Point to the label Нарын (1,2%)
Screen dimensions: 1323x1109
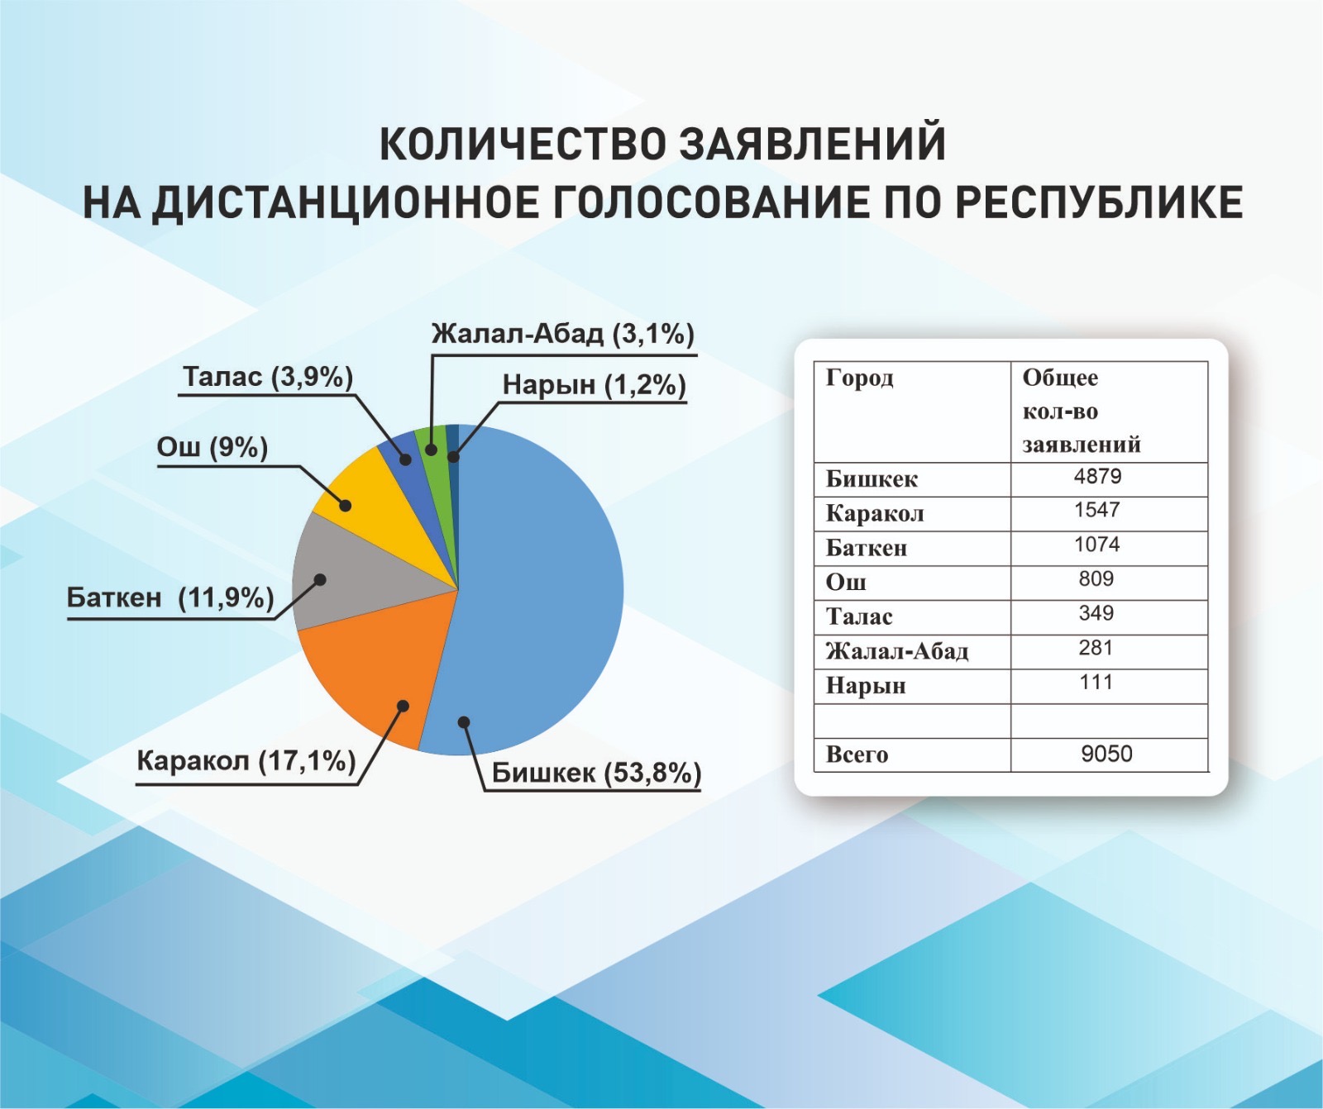click(x=595, y=385)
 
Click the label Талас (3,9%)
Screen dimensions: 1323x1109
click(x=268, y=377)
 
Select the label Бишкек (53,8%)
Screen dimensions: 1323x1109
click(x=596, y=773)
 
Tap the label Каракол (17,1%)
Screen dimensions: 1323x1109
click(x=246, y=760)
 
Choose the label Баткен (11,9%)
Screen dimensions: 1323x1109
click(x=170, y=597)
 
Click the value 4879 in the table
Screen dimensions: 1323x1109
click(x=1097, y=476)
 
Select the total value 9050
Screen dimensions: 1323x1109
click(x=1106, y=754)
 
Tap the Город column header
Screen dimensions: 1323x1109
click(x=860, y=378)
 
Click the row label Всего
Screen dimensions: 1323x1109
click(x=857, y=754)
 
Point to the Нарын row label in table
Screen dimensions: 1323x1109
click(x=866, y=686)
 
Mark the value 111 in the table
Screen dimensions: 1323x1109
click(x=1096, y=682)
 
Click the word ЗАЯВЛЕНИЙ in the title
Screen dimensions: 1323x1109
click(x=812, y=144)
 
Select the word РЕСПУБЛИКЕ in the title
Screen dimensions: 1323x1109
click(x=1100, y=203)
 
